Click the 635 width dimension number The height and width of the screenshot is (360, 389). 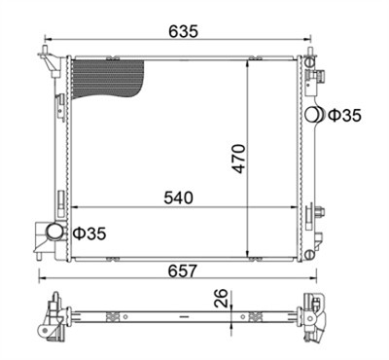click(x=183, y=31)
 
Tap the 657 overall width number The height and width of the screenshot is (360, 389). click(x=183, y=270)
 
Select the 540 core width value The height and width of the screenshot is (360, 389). click(x=178, y=198)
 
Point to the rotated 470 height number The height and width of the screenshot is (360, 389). click(x=239, y=159)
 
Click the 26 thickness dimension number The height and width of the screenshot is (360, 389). click(x=221, y=298)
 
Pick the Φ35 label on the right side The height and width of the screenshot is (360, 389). click(x=344, y=116)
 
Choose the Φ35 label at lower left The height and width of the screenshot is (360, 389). click(x=89, y=234)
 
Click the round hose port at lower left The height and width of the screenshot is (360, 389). click(x=54, y=232)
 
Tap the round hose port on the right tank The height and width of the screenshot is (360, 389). click(x=315, y=115)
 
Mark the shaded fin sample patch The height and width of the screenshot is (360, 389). click(x=108, y=79)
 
